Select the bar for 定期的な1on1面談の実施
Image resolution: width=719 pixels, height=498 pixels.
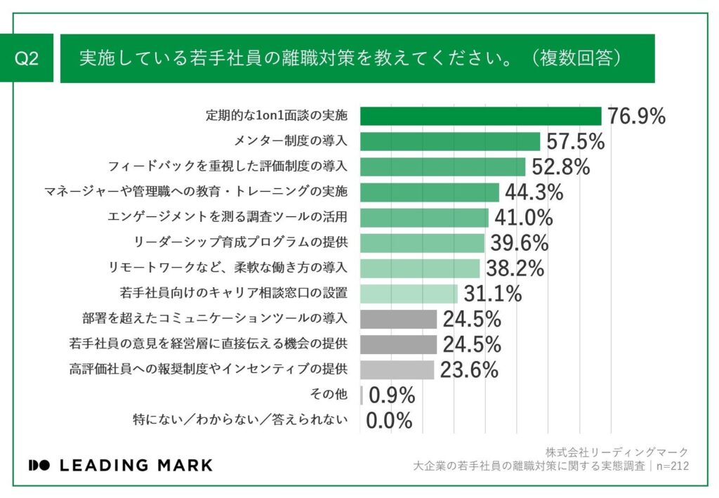480,116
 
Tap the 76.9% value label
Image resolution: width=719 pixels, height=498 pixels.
636,117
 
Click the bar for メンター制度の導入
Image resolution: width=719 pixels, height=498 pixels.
450,141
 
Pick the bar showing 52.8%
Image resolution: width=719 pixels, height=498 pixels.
442,166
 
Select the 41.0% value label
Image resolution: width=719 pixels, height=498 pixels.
524,218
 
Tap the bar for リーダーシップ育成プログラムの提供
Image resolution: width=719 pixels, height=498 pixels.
422,243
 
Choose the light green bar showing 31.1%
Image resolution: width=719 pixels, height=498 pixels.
409,294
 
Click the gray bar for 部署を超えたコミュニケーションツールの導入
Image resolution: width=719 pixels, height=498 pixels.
398,319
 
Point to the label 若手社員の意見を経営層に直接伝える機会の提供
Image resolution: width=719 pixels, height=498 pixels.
209,344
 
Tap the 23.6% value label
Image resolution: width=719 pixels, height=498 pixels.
469,369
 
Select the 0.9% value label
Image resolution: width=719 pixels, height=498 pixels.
392,395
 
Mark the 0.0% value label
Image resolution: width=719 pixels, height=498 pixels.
389,421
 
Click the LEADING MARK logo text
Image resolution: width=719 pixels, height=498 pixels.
120,465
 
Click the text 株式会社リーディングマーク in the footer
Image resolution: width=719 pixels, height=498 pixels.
616,452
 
